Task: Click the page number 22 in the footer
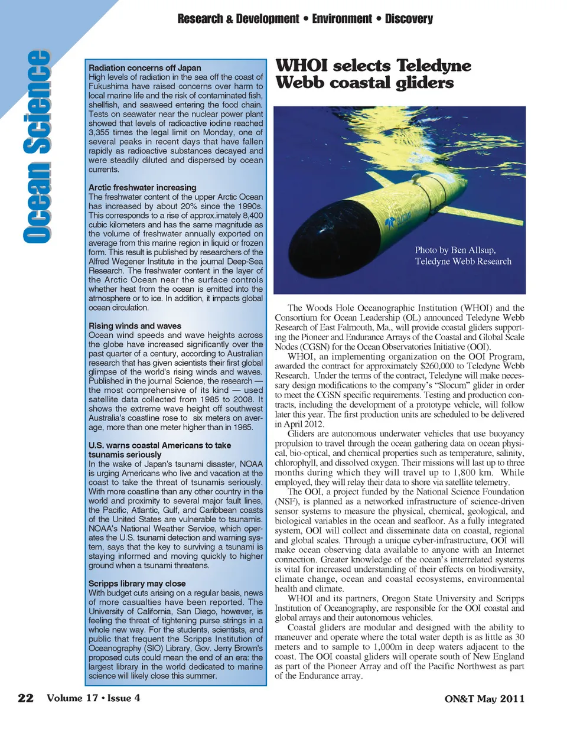pyautogui.click(x=25, y=698)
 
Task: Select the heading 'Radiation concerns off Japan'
pyautogui.click(x=145, y=68)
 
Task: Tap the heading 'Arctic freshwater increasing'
pyautogui.click(x=142, y=187)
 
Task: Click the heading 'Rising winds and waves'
pyautogui.click(x=135, y=325)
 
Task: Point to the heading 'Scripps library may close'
pyautogui.click(x=137, y=584)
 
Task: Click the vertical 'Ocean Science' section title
pyautogui.click(x=37, y=146)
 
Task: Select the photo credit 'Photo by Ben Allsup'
pyautogui.click(x=455, y=250)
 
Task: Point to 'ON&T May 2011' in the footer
pyautogui.click(x=484, y=699)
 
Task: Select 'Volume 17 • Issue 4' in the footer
pyautogui.click(x=93, y=698)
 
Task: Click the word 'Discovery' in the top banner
pyautogui.click(x=409, y=19)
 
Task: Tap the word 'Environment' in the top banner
pyautogui.click(x=342, y=19)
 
